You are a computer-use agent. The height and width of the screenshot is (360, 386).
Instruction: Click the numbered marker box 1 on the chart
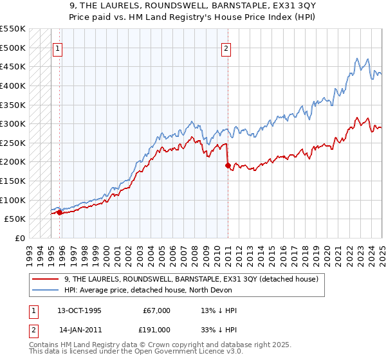coord(58,48)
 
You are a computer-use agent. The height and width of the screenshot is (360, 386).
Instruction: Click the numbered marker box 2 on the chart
coord(226,48)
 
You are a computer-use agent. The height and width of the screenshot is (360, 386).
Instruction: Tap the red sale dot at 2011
coord(228,165)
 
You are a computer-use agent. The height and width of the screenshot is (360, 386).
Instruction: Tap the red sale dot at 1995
coord(59,212)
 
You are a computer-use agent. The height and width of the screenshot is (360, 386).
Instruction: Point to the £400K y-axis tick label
coord(13,85)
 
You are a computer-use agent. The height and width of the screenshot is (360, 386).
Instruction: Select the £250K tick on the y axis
coord(13,143)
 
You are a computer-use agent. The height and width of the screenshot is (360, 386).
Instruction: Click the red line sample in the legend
coord(46,280)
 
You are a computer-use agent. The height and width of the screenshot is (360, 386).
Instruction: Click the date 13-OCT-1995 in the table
coord(79,310)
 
